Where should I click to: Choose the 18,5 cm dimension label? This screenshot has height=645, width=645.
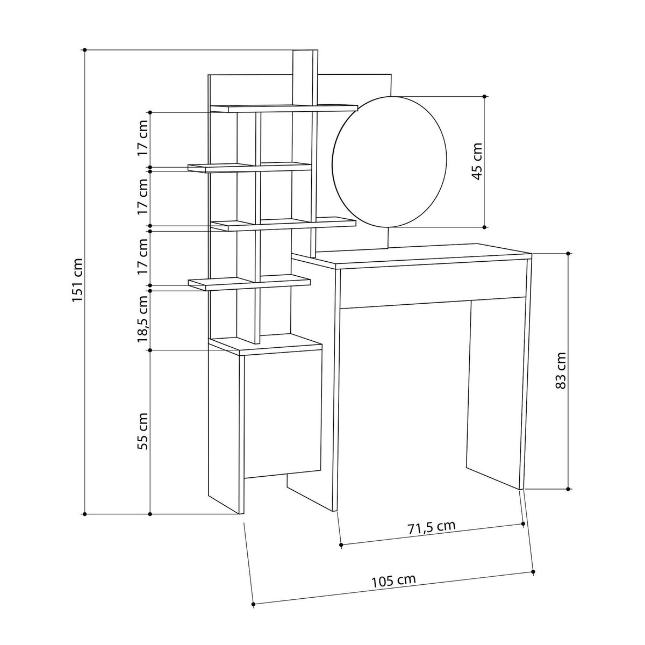click(143, 319)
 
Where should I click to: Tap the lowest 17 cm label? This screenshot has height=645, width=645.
click(143, 257)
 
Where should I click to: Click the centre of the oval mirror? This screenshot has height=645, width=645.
click(390, 162)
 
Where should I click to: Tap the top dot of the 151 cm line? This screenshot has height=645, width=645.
click(85, 50)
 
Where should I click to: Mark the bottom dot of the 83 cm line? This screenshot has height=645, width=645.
click(569, 489)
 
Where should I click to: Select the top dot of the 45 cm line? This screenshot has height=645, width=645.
click(485, 97)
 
